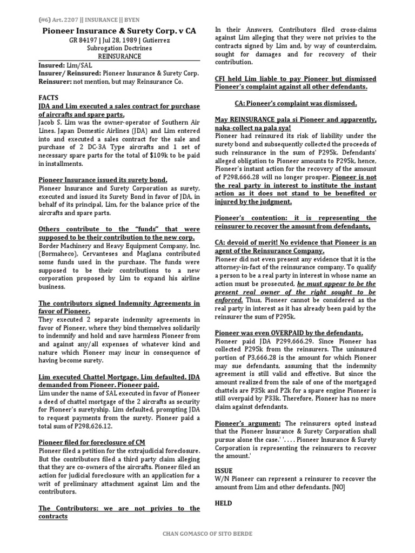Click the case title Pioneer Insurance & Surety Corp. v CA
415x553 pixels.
[x=119, y=31]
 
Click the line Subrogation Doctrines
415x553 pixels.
[x=119, y=48]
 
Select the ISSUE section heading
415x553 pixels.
[x=224, y=470]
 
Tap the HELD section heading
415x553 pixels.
[x=224, y=503]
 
